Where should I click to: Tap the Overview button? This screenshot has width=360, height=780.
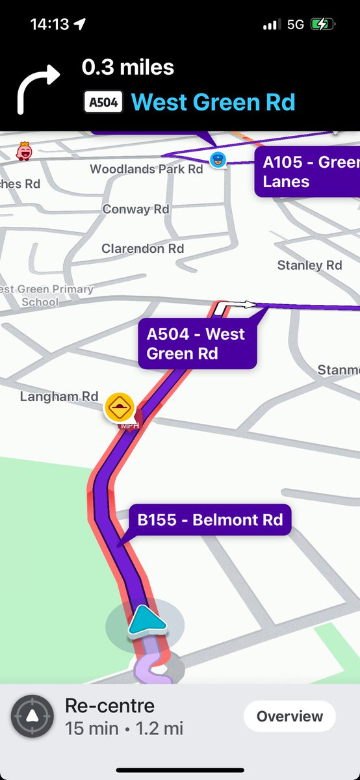coord(289,716)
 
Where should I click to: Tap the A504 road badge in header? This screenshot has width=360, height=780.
coord(103,102)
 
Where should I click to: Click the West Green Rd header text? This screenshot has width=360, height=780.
coord(213,102)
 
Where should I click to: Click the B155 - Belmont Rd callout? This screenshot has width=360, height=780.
coord(210,520)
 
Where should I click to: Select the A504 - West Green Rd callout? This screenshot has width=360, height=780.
coord(196,344)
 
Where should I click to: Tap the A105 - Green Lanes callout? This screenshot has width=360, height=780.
coord(307,171)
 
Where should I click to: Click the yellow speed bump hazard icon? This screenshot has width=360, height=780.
coord(120,407)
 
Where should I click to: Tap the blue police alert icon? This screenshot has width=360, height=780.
coord(218,159)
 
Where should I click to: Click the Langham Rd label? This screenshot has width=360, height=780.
coord(59,396)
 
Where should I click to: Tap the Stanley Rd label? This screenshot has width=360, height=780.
coord(309,265)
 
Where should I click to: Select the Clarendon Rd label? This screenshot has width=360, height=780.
coord(142,248)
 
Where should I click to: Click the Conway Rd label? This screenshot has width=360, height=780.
coord(136,209)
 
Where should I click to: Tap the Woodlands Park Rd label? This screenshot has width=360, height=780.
coord(146,169)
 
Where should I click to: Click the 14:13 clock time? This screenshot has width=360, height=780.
coord(49,25)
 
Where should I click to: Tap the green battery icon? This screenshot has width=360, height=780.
coord(322,25)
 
